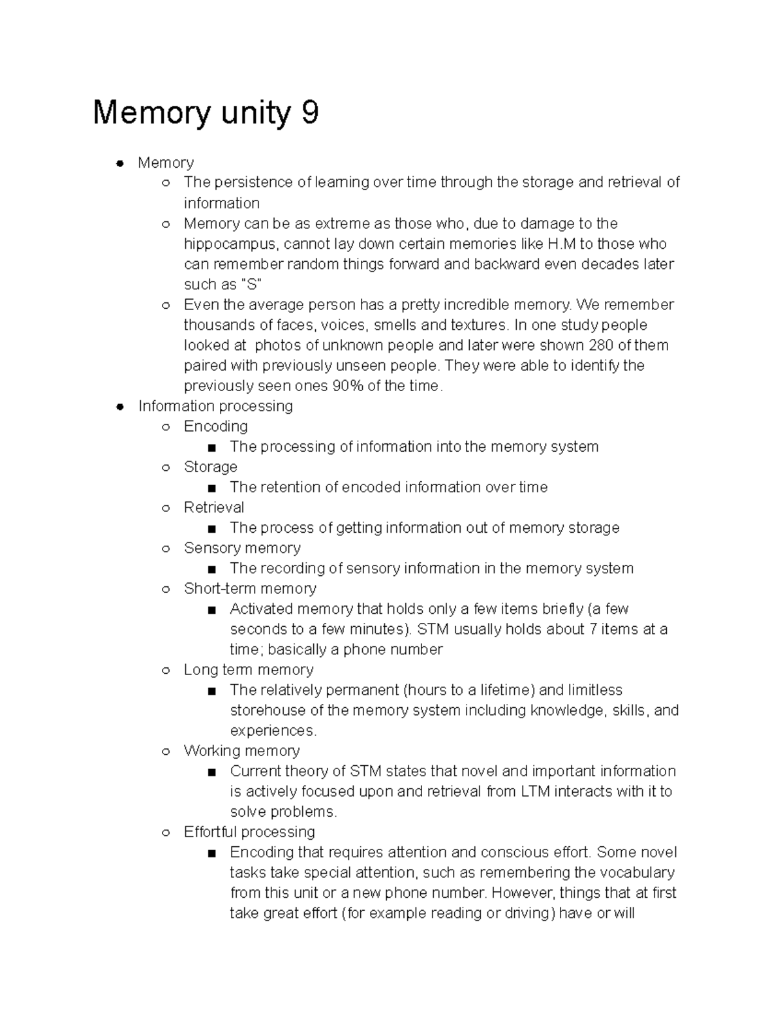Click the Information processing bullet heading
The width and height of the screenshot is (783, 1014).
[x=215, y=406]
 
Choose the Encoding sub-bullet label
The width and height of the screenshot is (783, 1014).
[x=215, y=426]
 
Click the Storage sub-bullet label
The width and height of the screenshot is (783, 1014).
[x=210, y=467]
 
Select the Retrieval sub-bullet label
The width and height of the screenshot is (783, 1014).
[x=213, y=507]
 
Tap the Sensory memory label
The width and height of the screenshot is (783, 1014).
[x=242, y=548]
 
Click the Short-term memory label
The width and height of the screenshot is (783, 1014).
[x=250, y=588]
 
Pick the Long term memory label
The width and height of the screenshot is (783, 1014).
[x=248, y=669]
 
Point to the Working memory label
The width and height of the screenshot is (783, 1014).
[x=241, y=751]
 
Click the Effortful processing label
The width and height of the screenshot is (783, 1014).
[x=249, y=832]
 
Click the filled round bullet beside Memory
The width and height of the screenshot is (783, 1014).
[x=119, y=163]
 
